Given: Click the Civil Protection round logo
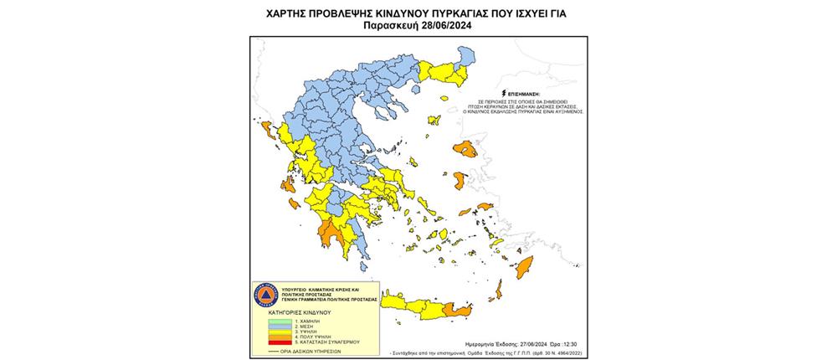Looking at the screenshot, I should coord(265,296).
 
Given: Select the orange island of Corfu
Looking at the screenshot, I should coord(267,130).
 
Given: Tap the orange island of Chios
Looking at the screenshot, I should coord(460,181).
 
